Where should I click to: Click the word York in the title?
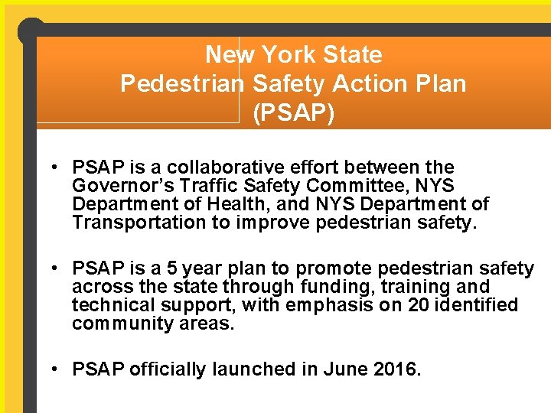288,55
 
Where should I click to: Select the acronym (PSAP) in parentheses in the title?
294,112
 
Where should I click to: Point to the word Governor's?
119,186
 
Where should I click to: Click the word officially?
170,369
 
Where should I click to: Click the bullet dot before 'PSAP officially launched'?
57,369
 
